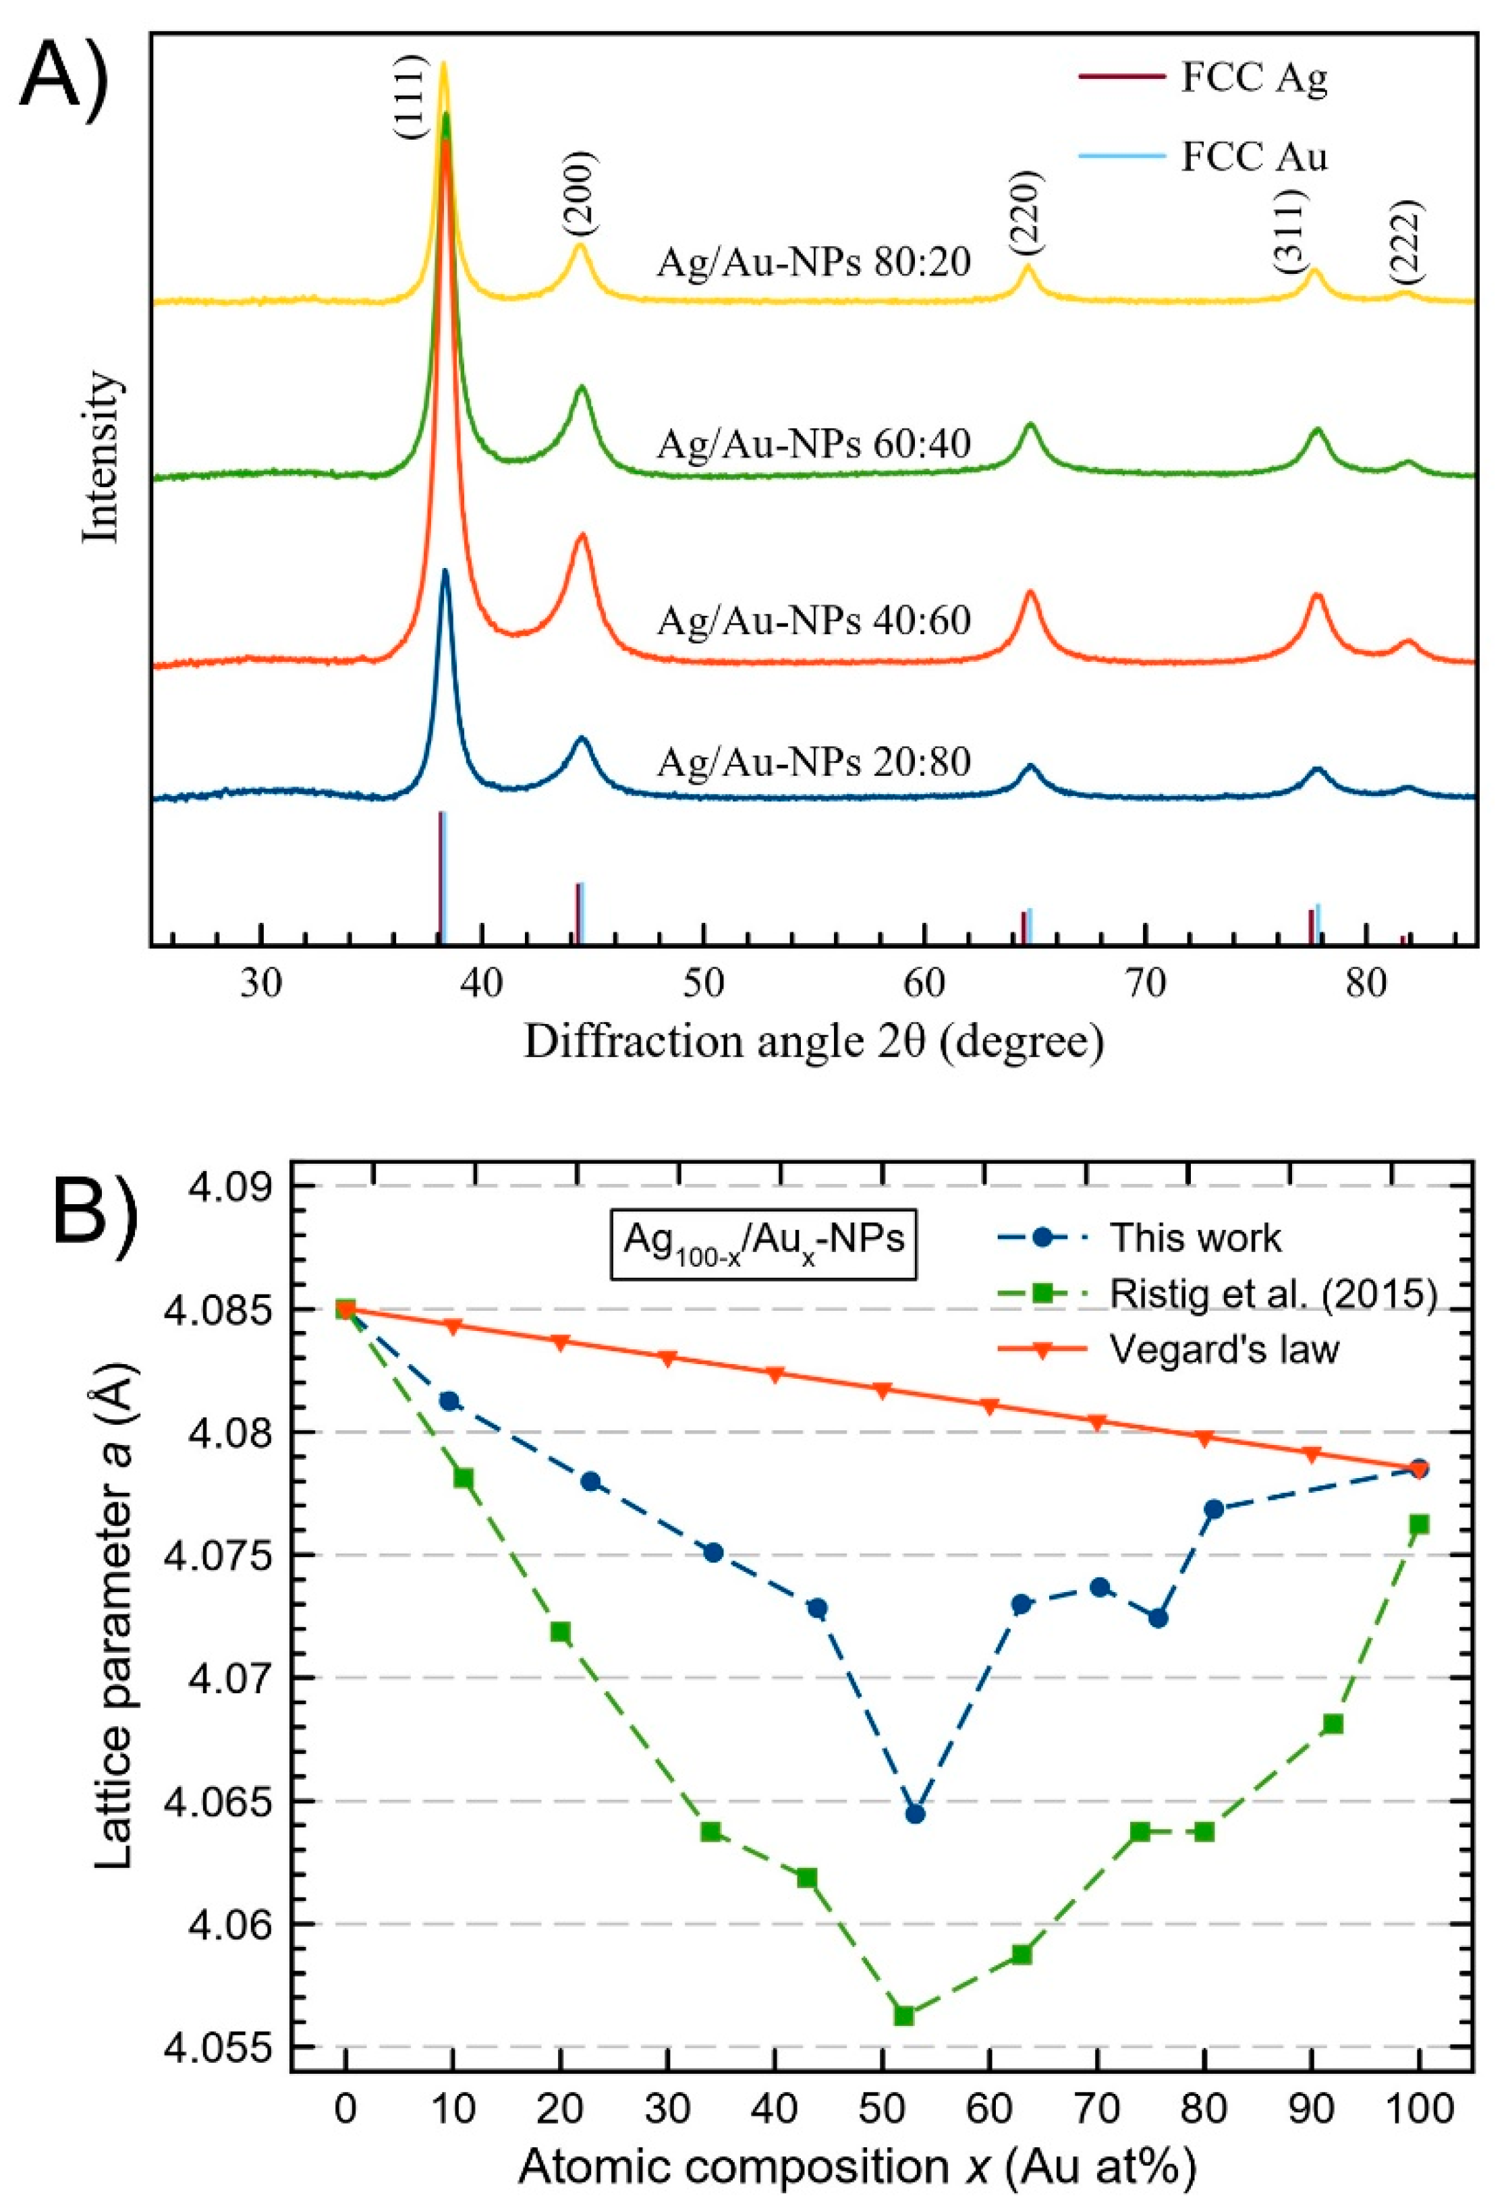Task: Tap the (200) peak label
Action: (x=580, y=194)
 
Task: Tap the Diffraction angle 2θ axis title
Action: (x=814, y=1042)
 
